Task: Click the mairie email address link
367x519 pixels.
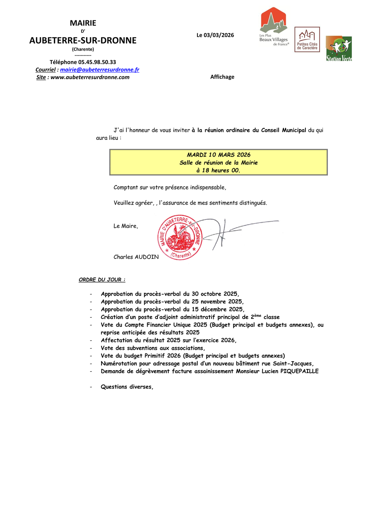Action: coord(99,70)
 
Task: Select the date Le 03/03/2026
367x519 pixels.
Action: coord(215,35)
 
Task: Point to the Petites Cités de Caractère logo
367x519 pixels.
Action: coord(307,40)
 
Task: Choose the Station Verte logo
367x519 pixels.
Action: coord(338,49)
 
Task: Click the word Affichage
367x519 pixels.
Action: coord(222,77)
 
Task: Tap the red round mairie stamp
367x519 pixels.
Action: coord(179,237)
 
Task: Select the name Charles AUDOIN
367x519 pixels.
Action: coord(136,257)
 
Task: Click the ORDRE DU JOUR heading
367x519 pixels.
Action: coord(102,280)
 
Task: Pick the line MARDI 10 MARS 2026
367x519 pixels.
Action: coord(219,155)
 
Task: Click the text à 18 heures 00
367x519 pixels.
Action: coord(219,170)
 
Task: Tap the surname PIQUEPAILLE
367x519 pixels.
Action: coord(299,371)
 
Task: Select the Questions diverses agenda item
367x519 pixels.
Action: coord(127,387)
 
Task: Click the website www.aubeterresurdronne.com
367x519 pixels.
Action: coord(90,77)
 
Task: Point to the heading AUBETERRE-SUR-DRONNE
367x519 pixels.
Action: coord(83,41)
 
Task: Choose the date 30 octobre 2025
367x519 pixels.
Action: coord(215,294)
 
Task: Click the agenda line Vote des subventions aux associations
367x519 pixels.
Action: coord(153,348)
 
